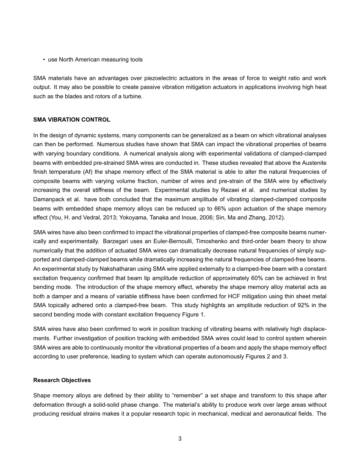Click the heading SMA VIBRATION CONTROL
pyautogui.click(x=72, y=120)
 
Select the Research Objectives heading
pyautogui.click(x=62, y=380)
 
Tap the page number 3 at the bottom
pyautogui.click(x=180, y=438)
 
